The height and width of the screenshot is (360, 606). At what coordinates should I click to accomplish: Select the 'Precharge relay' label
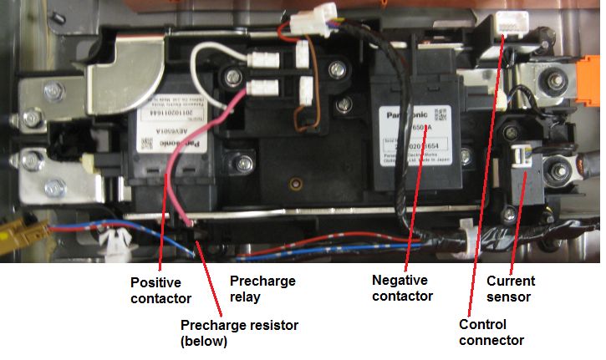point(262,289)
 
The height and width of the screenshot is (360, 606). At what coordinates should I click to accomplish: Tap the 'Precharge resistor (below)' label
point(239,332)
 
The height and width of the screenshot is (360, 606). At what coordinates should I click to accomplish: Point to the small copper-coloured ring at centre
point(292,182)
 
